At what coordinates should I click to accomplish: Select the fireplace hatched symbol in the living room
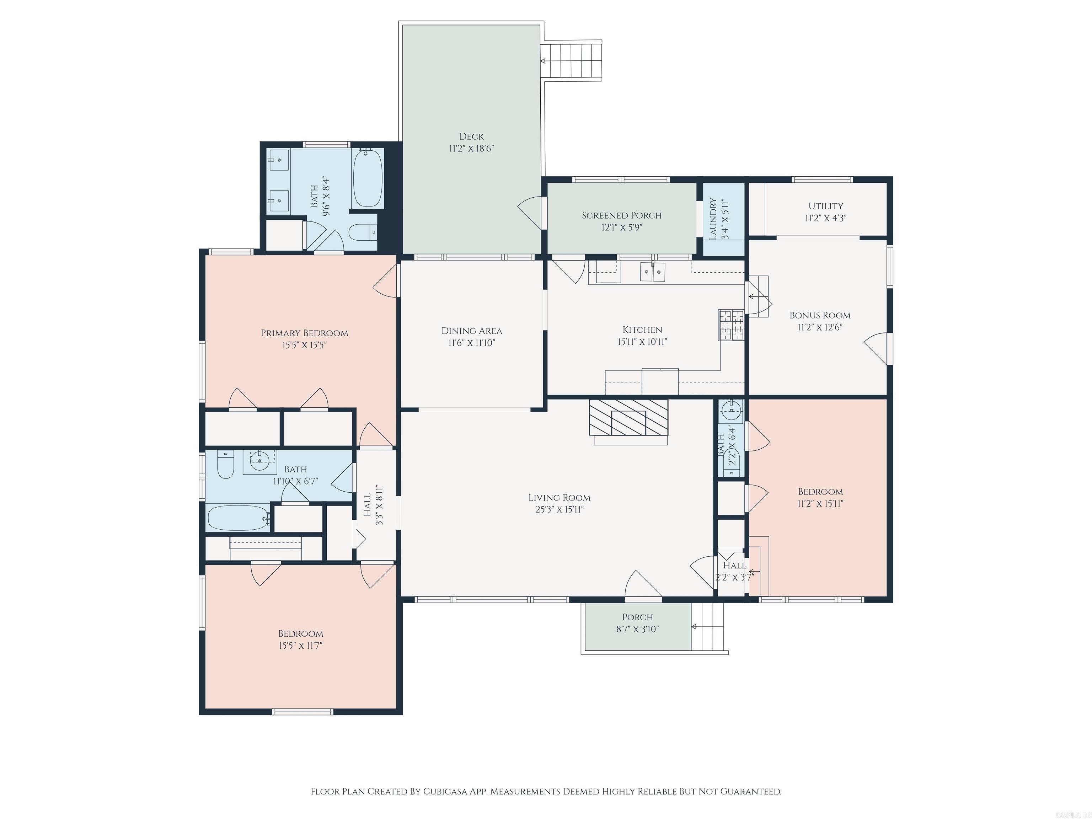628,417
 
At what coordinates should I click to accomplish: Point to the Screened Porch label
621,215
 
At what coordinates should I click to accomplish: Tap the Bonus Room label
819,315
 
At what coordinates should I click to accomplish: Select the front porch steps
707,627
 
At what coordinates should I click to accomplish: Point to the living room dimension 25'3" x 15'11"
559,509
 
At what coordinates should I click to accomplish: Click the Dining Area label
471,331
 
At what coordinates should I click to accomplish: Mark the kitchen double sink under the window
652,272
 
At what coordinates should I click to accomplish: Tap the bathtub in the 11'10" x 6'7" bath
238,517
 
